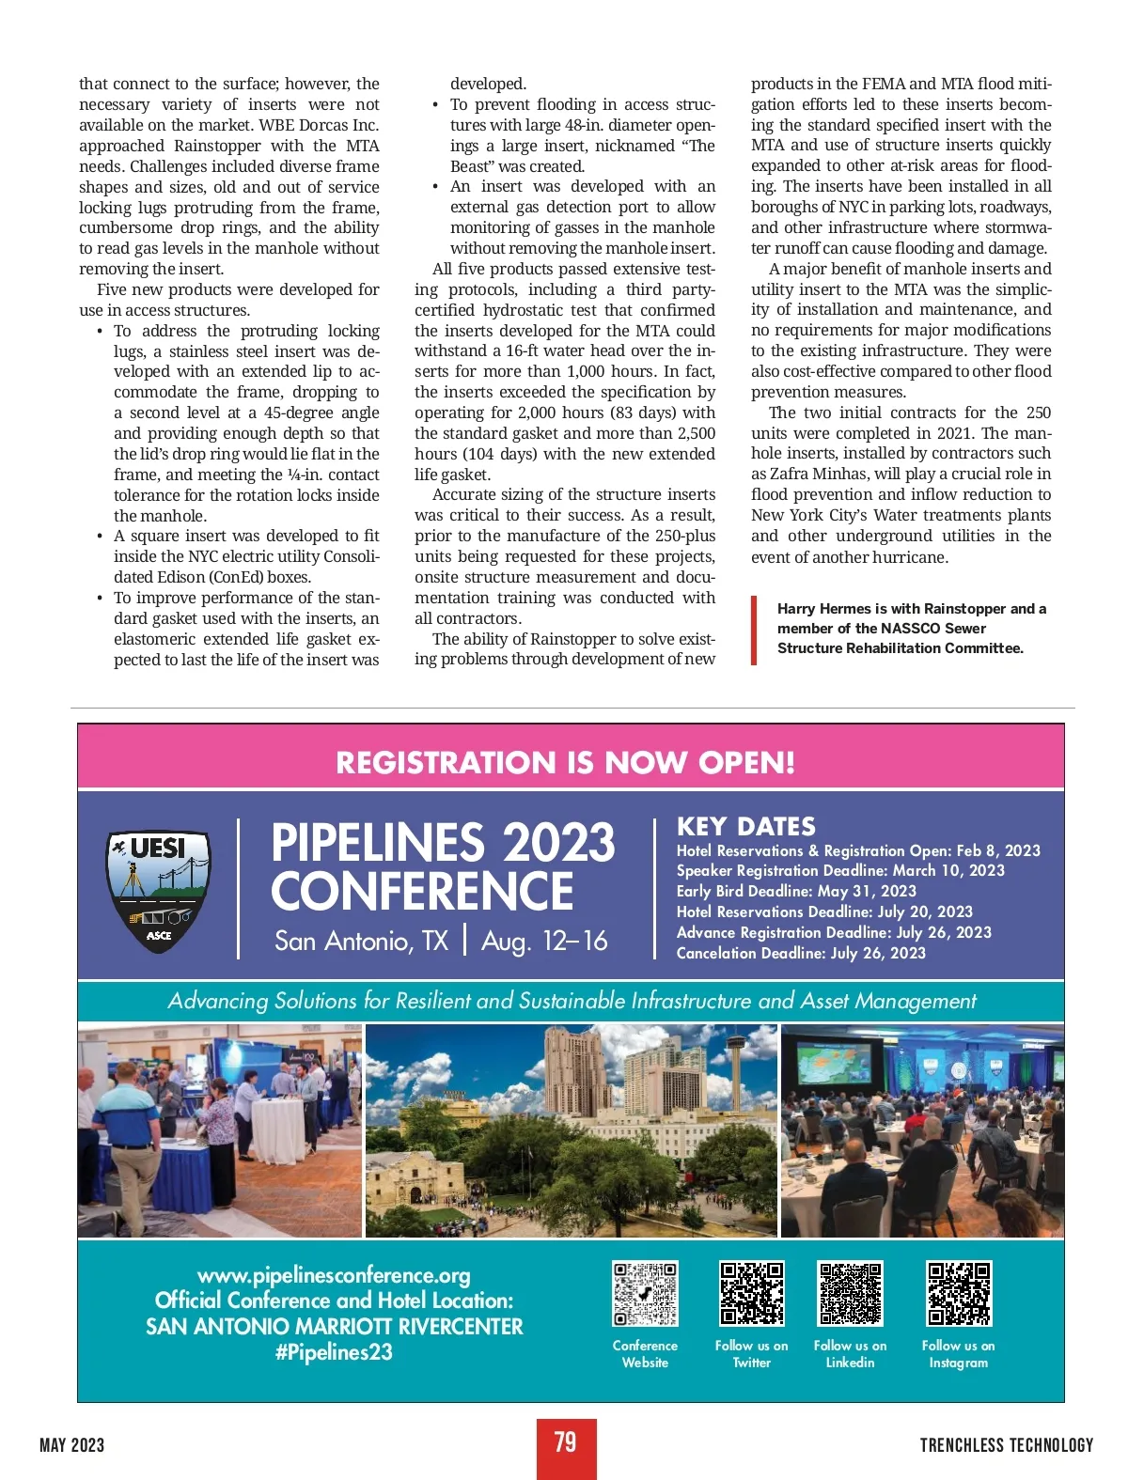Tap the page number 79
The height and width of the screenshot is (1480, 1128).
pyautogui.click(x=565, y=1443)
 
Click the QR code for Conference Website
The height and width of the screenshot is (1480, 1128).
pyautogui.click(x=645, y=1293)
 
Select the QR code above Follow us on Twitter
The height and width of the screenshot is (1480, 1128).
pyautogui.click(x=752, y=1293)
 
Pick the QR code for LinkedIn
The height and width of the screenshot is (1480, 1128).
pyautogui.click(x=850, y=1293)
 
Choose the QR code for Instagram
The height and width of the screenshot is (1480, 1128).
pyautogui.click(x=959, y=1293)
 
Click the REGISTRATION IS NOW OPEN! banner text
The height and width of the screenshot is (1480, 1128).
pyautogui.click(x=565, y=762)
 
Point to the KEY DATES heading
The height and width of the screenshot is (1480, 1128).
pyautogui.click(x=745, y=827)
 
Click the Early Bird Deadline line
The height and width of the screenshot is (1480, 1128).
pyautogui.click(x=795, y=891)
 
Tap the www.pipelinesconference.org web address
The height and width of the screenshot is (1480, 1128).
pyautogui.click(x=334, y=1275)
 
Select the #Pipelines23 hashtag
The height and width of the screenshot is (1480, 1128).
pyautogui.click(x=334, y=1352)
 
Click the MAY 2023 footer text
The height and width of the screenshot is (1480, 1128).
pyautogui.click(x=71, y=1445)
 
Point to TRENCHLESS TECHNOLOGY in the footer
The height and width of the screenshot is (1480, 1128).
pyautogui.click(x=1006, y=1445)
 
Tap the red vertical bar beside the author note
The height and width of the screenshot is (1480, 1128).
pyautogui.click(x=754, y=630)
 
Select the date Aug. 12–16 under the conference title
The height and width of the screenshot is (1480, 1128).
pyautogui.click(x=544, y=941)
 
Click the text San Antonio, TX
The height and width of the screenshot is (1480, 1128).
pyautogui.click(x=361, y=941)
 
